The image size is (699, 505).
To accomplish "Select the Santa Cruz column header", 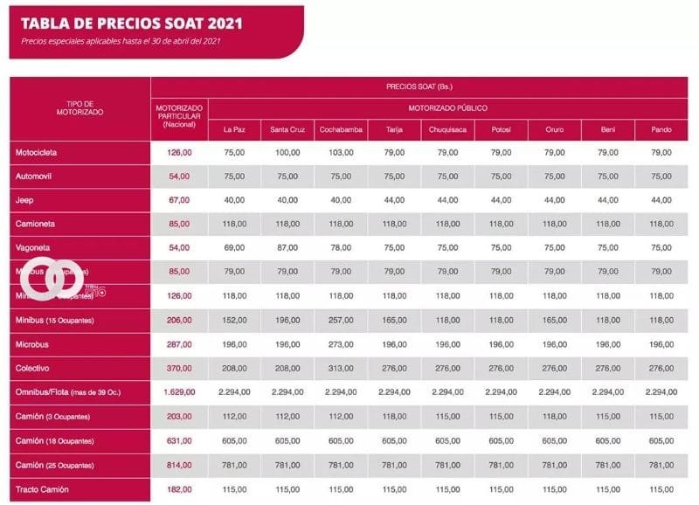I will coord(287,130).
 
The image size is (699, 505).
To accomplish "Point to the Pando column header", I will coord(661,130).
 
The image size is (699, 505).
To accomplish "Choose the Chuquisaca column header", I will coord(447,130).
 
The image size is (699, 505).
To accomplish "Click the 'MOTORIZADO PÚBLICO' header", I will coord(447,108).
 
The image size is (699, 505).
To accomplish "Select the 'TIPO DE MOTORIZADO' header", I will coord(80,108).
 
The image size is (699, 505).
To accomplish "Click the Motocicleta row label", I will coord(36,153).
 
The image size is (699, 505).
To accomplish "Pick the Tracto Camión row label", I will coord(42,489).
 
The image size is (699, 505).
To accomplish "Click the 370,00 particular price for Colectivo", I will coord(179,369).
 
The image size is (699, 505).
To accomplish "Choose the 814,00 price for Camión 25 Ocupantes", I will coord(179,466).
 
